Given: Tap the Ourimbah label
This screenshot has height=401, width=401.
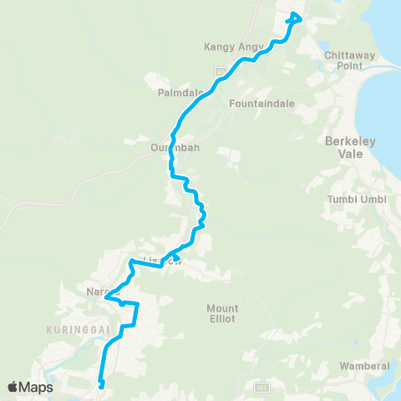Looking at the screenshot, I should tap(171, 148).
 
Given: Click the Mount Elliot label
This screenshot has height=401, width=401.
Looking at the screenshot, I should tap(222, 313).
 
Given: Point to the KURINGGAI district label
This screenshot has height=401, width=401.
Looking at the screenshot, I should tap(76, 330).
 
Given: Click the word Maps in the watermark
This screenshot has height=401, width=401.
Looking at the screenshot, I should tap(38, 387).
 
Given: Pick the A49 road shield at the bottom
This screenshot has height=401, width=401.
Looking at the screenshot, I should tap(261, 387).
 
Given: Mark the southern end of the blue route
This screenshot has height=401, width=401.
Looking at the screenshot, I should tap(100, 385).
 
